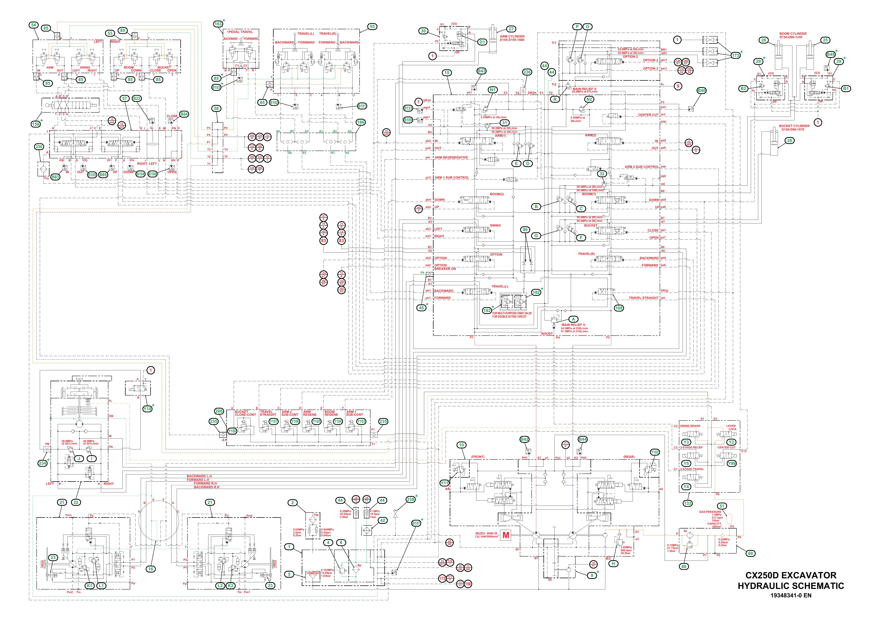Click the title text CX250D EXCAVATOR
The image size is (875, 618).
(790, 575)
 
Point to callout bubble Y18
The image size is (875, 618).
(147, 408)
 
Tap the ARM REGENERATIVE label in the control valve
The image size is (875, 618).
(451, 157)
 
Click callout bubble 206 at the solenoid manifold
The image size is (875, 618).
(219, 411)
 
